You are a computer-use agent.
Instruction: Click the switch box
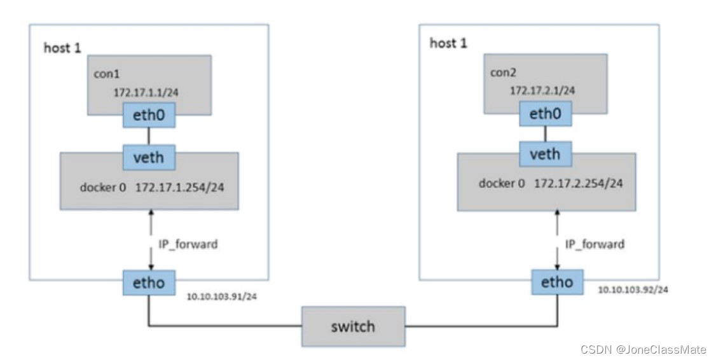(x=353, y=326)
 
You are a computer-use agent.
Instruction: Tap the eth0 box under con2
(x=545, y=115)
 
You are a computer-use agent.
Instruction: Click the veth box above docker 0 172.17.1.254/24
(x=148, y=156)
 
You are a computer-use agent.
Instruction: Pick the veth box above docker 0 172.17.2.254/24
(x=545, y=153)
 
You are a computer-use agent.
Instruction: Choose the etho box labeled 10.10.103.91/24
(x=148, y=282)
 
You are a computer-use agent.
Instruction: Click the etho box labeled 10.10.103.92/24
(x=556, y=282)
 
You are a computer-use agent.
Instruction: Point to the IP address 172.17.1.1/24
(x=146, y=92)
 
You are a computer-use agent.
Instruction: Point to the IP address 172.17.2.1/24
(x=542, y=90)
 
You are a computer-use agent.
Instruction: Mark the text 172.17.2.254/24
(x=578, y=183)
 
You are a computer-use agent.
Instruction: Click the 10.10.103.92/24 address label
(x=633, y=290)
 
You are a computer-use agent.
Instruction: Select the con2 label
(x=503, y=72)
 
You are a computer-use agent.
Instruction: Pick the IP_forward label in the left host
(x=188, y=244)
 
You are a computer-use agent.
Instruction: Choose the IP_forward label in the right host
(x=595, y=244)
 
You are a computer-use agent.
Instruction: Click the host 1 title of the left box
(x=62, y=48)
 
